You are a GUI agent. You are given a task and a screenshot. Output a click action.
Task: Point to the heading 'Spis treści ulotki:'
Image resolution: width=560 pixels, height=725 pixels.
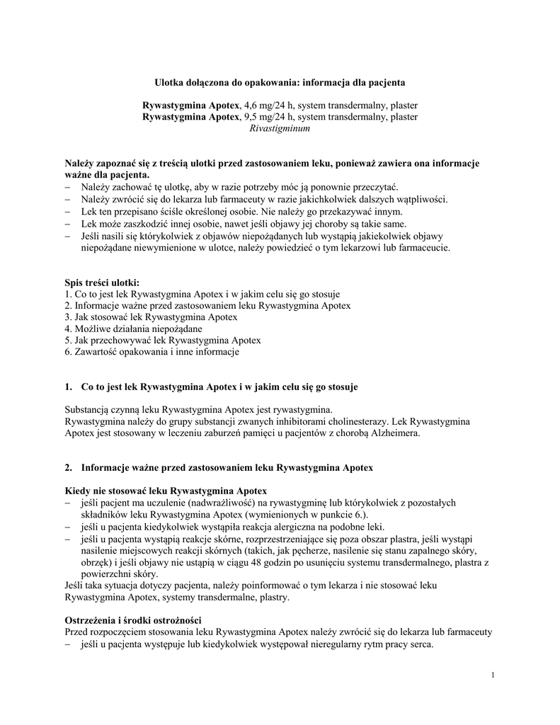103,282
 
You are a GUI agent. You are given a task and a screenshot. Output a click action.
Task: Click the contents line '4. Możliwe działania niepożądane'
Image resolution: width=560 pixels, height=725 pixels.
133,329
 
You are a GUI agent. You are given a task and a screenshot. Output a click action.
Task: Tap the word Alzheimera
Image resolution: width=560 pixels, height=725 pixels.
395,433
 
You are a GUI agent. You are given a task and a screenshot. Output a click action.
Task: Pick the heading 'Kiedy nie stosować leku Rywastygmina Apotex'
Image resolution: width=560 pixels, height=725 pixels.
166,491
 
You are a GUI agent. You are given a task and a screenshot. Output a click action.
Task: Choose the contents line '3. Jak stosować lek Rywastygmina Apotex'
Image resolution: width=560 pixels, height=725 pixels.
151,316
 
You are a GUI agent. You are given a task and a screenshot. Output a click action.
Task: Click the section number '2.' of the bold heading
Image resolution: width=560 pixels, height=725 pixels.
69,468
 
